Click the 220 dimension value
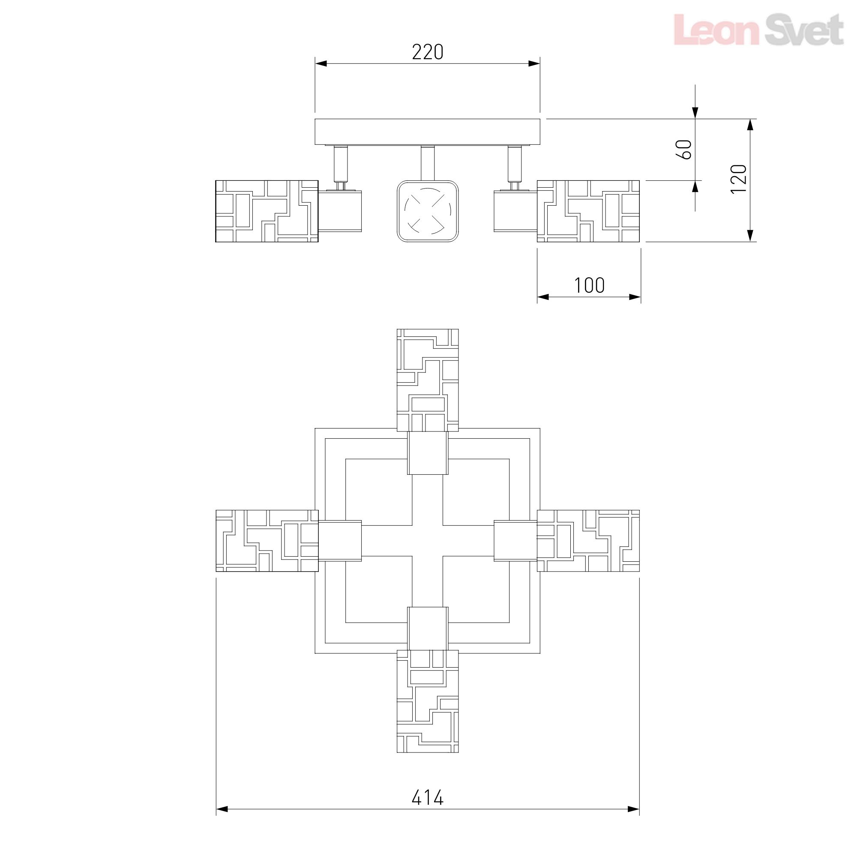[x=428, y=52]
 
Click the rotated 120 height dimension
[x=739, y=179]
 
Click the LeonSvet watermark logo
[x=759, y=30]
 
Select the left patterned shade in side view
[x=267, y=211]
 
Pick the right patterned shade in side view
[x=588, y=211]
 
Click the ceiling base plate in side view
[x=428, y=132]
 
